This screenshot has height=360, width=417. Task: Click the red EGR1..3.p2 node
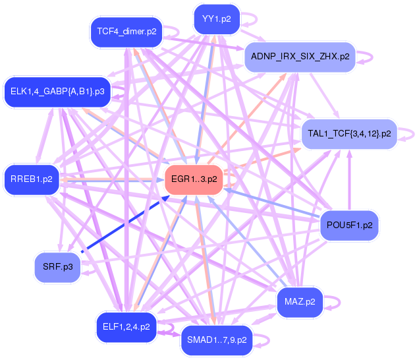(194, 178)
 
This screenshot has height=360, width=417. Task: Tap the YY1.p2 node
(217, 18)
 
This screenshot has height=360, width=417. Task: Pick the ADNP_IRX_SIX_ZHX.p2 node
(300, 57)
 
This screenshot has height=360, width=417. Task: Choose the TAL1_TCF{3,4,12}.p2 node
(349, 134)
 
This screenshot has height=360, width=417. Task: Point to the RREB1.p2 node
(32, 178)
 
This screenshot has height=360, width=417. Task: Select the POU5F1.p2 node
(349, 225)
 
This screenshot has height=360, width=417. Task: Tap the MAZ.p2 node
(300, 302)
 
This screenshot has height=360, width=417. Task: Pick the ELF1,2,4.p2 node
(126, 326)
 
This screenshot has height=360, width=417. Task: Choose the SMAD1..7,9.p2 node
(216, 340)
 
